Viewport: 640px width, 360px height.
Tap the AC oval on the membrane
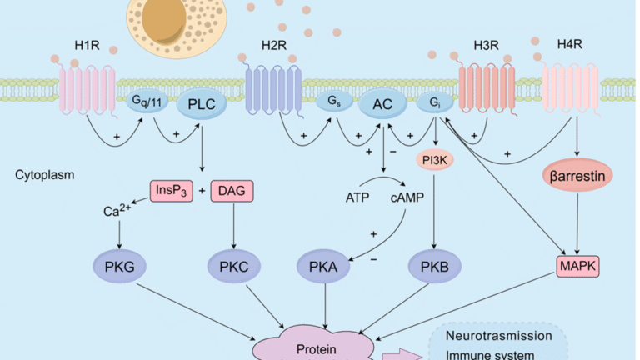pos(382,104)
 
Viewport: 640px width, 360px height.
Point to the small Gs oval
pos(332,102)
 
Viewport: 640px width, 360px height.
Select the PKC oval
pos(230,268)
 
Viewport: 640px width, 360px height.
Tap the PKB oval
pos(431,268)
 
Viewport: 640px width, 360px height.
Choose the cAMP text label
pos(405,197)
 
